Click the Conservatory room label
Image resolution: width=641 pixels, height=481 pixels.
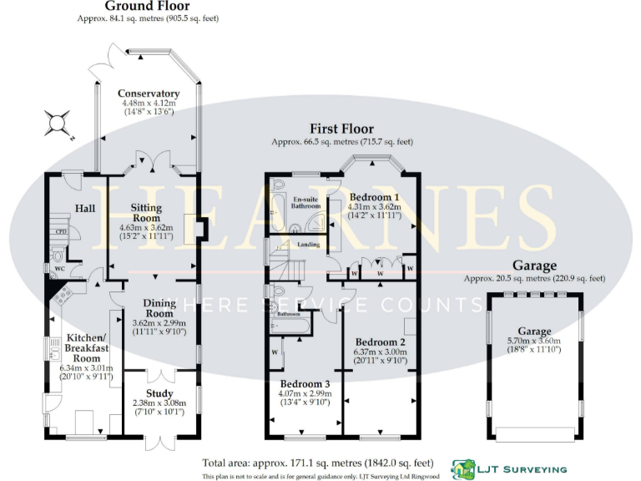[x=149, y=94]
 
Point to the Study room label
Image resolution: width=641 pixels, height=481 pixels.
[x=159, y=393]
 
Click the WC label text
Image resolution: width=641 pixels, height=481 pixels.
[x=61, y=270]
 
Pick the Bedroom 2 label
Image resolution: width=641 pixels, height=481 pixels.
[x=381, y=342]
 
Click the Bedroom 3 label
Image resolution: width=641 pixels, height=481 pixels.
[x=305, y=384]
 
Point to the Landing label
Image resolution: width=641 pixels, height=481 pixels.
[x=310, y=244]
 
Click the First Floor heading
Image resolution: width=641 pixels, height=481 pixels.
[x=342, y=129]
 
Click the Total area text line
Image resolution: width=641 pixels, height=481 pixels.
[x=317, y=463]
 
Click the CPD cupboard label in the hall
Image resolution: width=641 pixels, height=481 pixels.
[x=60, y=232]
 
